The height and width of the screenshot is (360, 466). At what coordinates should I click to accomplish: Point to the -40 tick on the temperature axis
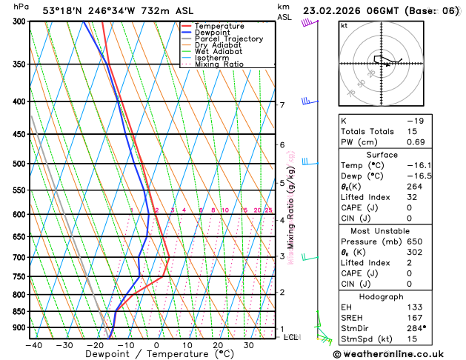click(x=33, y=344)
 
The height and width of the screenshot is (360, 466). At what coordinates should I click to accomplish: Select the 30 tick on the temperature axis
click(x=249, y=344)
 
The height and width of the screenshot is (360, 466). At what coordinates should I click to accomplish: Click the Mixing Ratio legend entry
click(x=218, y=64)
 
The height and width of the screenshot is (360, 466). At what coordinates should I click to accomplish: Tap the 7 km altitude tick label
click(x=282, y=105)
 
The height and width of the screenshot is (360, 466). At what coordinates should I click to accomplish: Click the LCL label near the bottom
click(x=292, y=337)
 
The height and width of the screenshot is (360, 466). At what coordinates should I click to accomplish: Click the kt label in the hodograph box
click(x=344, y=26)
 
